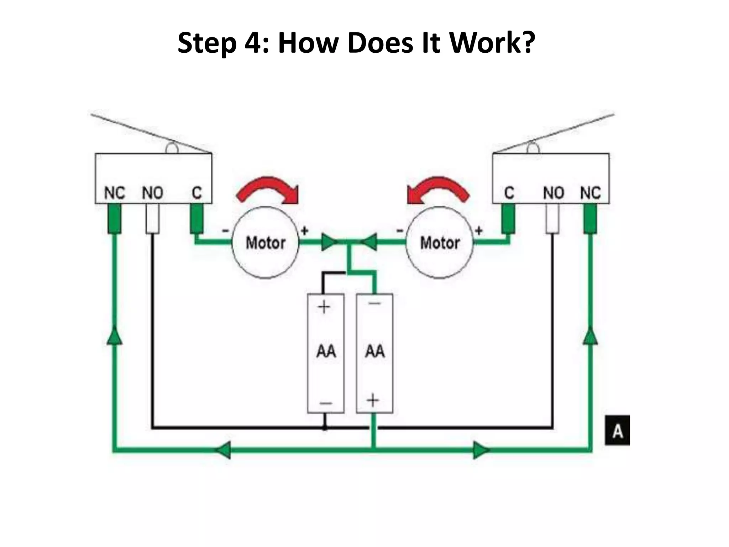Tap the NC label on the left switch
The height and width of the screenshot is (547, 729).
114,193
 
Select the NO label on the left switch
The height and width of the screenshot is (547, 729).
152,193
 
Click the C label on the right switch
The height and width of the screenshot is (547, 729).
509,193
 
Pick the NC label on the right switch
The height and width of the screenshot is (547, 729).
590,193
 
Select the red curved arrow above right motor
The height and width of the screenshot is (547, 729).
438,191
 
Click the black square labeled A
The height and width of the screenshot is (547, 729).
617,430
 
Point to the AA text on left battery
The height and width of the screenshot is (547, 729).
326,351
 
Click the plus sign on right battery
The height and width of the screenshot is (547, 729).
373,400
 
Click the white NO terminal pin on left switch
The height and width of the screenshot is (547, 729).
152,219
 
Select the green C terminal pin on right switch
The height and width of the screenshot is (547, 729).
508,219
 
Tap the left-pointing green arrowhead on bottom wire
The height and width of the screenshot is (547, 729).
223,450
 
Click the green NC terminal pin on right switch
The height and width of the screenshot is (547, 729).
590,219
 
